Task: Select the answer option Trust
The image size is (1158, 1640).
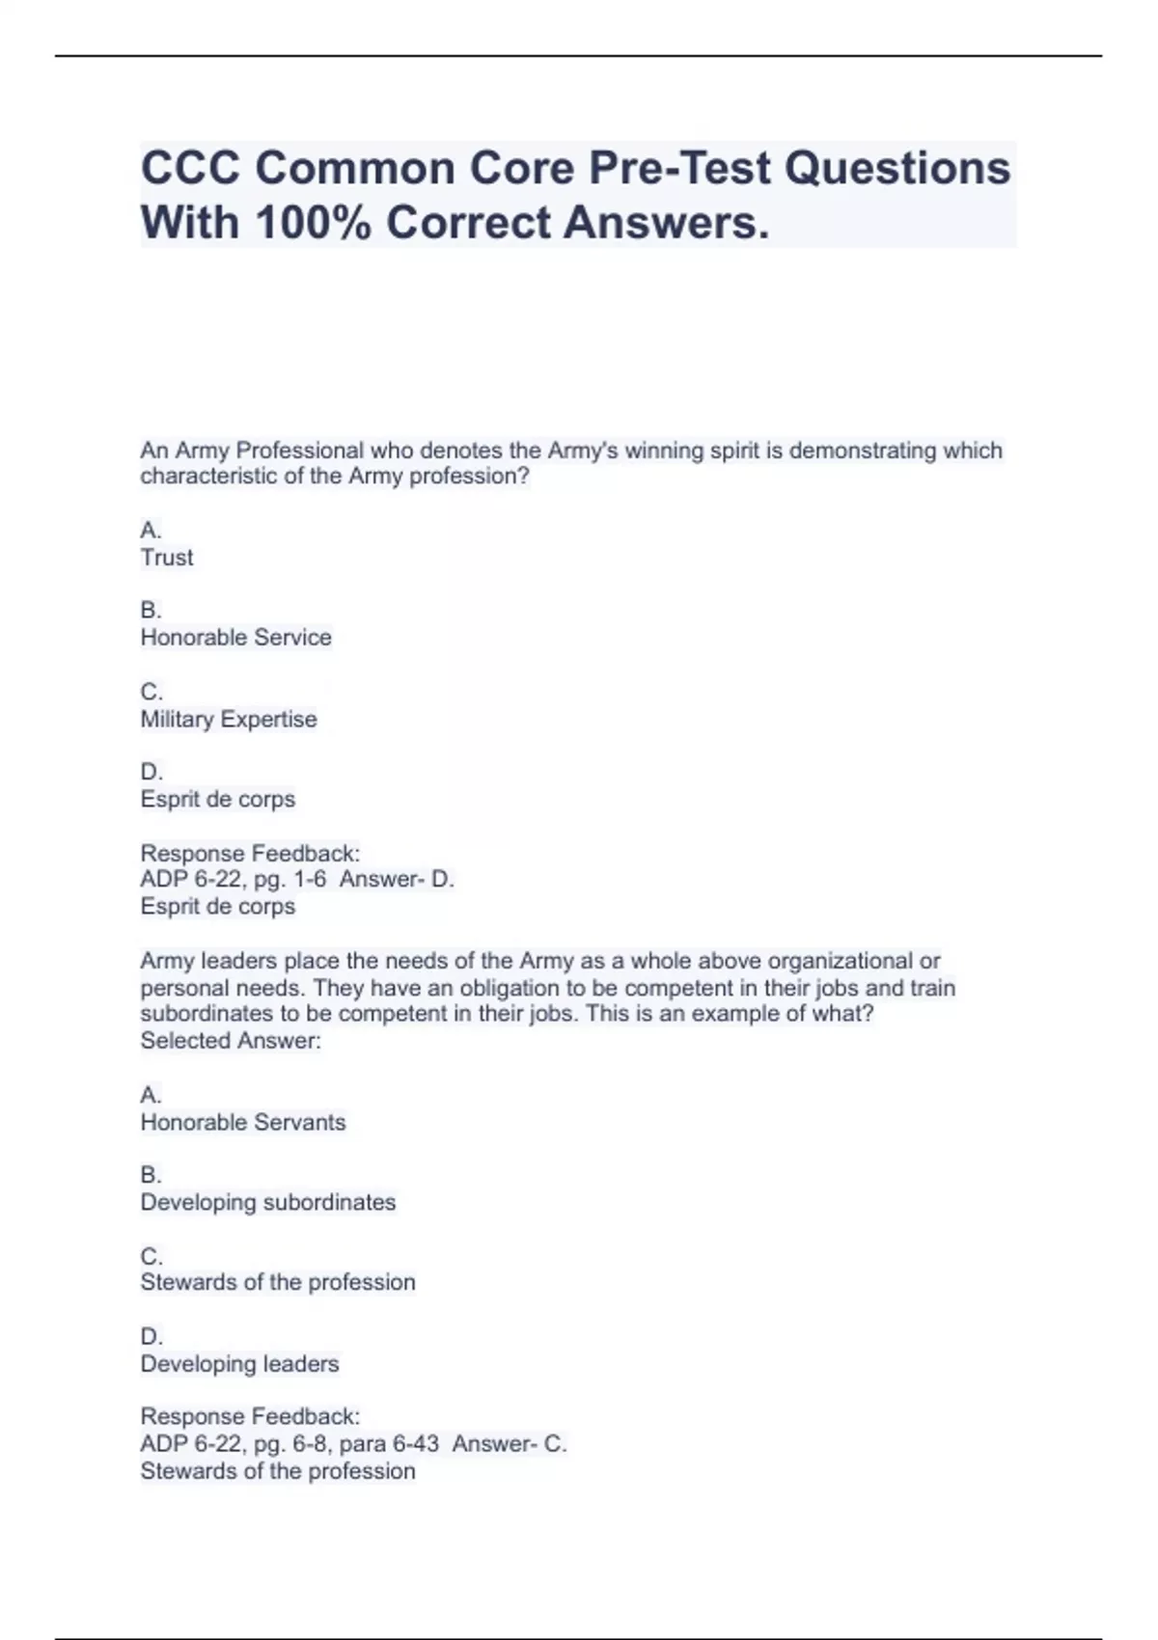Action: click(x=167, y=558)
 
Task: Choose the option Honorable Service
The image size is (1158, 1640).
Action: click(x=235, y=638)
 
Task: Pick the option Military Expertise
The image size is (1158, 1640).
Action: click(x=229, y=720)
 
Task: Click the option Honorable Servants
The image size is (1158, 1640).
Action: click(x=242, y=1123)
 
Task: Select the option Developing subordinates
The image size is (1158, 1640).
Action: click(x=268, y=1203)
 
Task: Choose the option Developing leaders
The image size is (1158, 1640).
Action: click(x=239, y=1364)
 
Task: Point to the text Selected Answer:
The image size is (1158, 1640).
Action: click(x=231, y=1041)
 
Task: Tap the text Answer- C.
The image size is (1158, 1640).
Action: click(x=510, y=1444)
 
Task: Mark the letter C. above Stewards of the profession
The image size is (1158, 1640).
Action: click(x=152, y=1256)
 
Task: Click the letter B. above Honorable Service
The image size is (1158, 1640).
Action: click(x=151, y=611)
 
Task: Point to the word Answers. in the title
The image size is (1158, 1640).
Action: click(x=667, y=223)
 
